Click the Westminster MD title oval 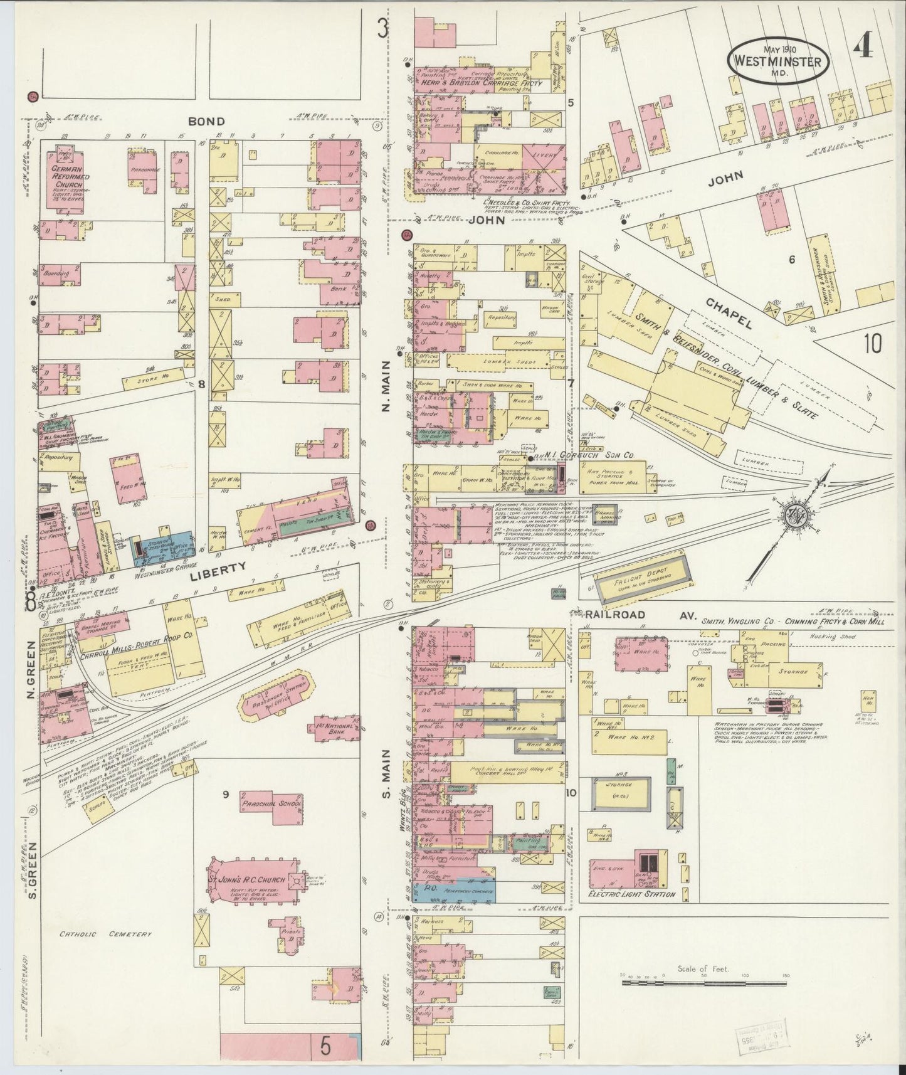coord(777,61)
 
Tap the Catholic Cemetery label coord(105,935)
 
